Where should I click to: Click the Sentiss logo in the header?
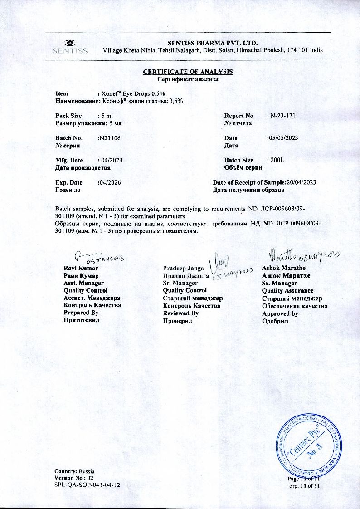[x=70, y=47]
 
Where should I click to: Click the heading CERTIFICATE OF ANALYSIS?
[x=188, y=72]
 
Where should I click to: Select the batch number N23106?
[x=109, y=138]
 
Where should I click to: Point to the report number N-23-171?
[x=282, y=116]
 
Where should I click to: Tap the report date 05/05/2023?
[x=283, y=138]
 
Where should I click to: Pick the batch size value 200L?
[x=276, y=160]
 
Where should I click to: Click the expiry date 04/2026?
[x=109, y=182]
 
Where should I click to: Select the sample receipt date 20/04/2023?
[x=301, y=182]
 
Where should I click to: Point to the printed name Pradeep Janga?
[x=183, y=268]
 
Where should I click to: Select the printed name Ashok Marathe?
[x=284, y=268]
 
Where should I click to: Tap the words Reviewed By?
[x=180, y=313]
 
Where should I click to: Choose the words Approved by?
[x=280, y=313]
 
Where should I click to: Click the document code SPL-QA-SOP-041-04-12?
[x=87, y=485]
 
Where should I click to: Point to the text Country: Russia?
[x=75, y=471]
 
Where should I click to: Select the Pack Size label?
[x=68, y=116]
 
